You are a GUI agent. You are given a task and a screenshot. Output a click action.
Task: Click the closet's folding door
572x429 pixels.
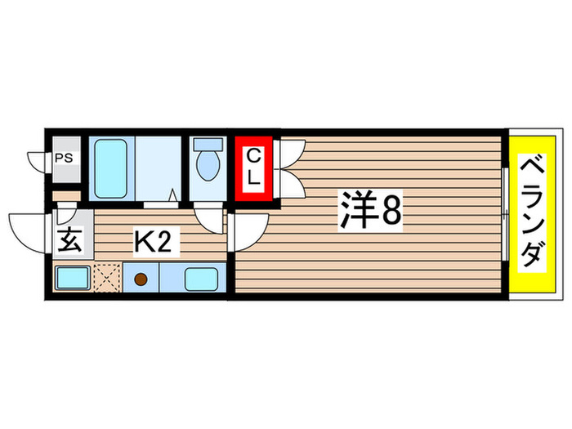291,168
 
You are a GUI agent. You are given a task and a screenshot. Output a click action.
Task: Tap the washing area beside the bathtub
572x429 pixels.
157,168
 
